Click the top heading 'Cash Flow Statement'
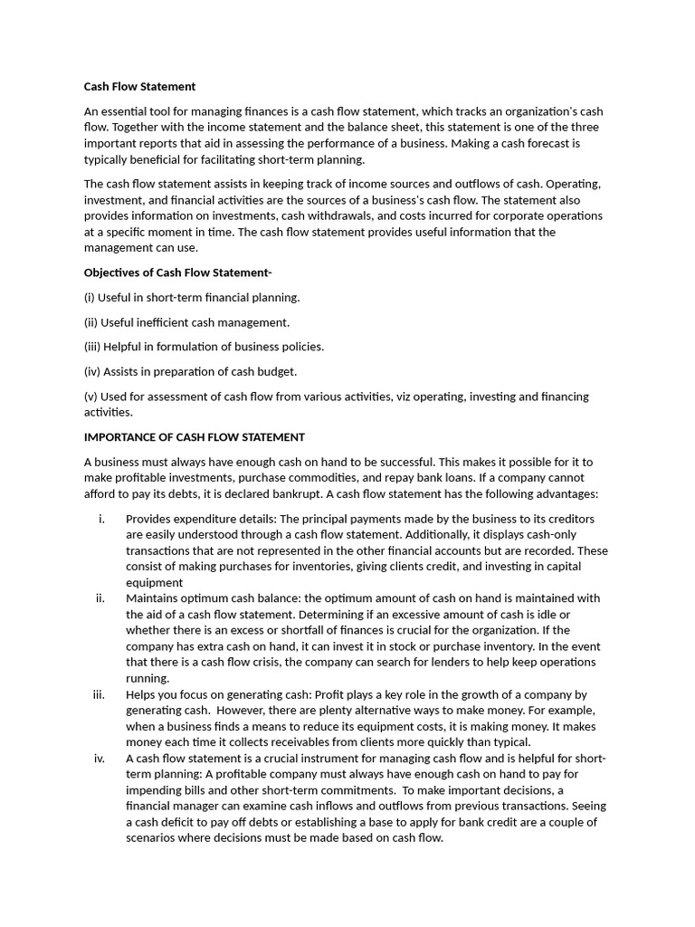139,87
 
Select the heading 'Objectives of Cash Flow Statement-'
177,272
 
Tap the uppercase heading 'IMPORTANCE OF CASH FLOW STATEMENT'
195,436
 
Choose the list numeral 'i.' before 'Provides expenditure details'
101,518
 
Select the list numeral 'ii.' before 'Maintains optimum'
100,597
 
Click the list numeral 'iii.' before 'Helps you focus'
100,694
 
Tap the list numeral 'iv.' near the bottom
100,758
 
